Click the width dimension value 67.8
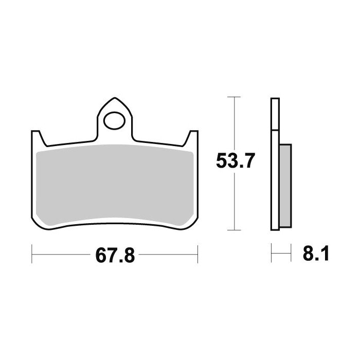pyautogui.click(x=114, y=254)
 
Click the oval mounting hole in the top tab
pyautogui.click(x=114, y=122)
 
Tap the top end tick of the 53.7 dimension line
pyautogui.click(x=234, y=97)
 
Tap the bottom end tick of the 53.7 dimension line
pyautogui.click(x=234, y=230)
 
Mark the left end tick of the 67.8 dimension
pyautogui.click(x=32, y=253)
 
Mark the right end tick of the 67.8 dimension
pyautogui.click(x=198, y=253)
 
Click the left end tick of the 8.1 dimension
pyautogui.click(x=272, y=253)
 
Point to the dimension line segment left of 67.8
pyautogui.click(x=62, y=253)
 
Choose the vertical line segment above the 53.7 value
pyautogui.click(x=234, y=123)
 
